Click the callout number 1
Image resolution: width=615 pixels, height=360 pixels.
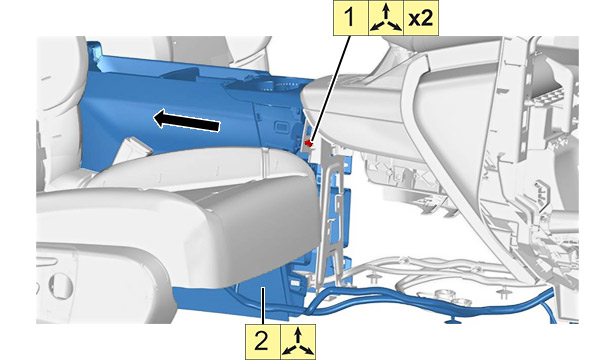350,18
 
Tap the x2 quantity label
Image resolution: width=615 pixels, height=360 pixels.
420,18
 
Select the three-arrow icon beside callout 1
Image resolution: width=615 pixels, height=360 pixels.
386,18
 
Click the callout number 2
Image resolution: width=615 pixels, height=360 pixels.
262,341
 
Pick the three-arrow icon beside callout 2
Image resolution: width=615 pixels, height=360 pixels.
298,342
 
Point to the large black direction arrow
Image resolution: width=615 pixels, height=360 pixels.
186,120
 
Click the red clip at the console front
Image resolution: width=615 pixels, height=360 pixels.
309,143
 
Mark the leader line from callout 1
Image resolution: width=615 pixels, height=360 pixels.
330,88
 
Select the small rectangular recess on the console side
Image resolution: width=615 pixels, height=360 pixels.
281,126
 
